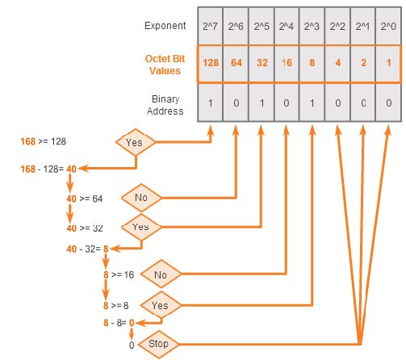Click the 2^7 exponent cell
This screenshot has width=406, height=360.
coord(211,26)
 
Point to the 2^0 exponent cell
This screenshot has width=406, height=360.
coord(388,26)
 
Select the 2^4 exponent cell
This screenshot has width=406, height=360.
coord(287,26)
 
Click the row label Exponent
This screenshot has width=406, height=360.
coord(165,26)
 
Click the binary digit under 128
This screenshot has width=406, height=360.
coord(211,104)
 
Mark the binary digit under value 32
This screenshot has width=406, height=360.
coord(262,104)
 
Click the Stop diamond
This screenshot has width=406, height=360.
coord(158,344)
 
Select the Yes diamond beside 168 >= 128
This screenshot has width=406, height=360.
coord(135,142)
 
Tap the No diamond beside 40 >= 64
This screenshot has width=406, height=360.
coord(140,197)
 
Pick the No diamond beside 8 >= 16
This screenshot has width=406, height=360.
coord(160,275)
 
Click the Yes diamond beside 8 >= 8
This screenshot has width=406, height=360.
coord(160,306)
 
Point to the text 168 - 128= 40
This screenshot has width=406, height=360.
coord(48,169)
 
